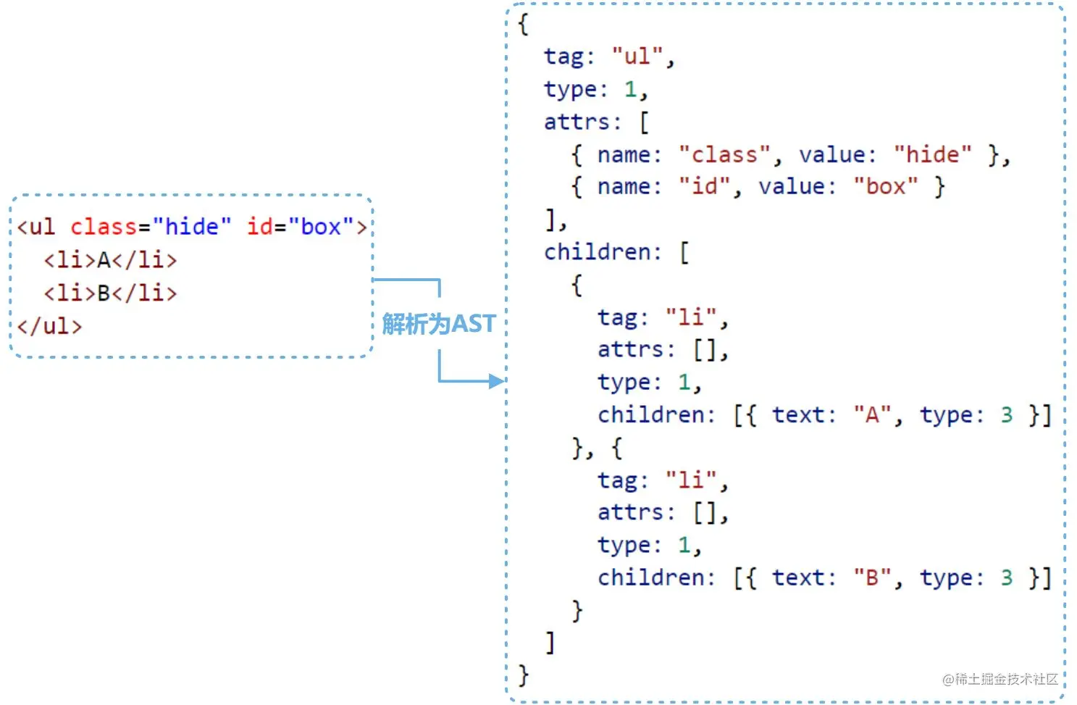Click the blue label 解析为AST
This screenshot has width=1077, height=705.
[438, 324]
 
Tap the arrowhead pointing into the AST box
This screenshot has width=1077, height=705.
[497, 381]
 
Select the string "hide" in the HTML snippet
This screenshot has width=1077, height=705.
[192, 227]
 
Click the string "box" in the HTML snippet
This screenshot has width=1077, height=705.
[321, 227]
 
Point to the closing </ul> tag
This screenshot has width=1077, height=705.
[49, 326]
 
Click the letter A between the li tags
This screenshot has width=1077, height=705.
[104, 260]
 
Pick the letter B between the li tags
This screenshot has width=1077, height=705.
[104, 293]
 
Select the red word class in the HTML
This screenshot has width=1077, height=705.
[104, 227]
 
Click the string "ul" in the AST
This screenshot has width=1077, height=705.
[637, 57]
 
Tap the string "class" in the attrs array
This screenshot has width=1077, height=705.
[724, 155]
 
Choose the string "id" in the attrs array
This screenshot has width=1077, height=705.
[704, 187]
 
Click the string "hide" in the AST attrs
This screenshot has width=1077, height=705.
[932, 155]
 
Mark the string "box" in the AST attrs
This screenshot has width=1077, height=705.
[885, 187]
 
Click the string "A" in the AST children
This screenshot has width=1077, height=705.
[872, 415]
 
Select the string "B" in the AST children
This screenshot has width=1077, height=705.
[872, 577]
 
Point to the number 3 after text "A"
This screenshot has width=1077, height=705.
[1007, 415]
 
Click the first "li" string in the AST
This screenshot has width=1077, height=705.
[691, 317]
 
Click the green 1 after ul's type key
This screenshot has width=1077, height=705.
[631, 89]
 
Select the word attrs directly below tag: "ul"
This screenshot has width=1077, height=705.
[577, 122]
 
